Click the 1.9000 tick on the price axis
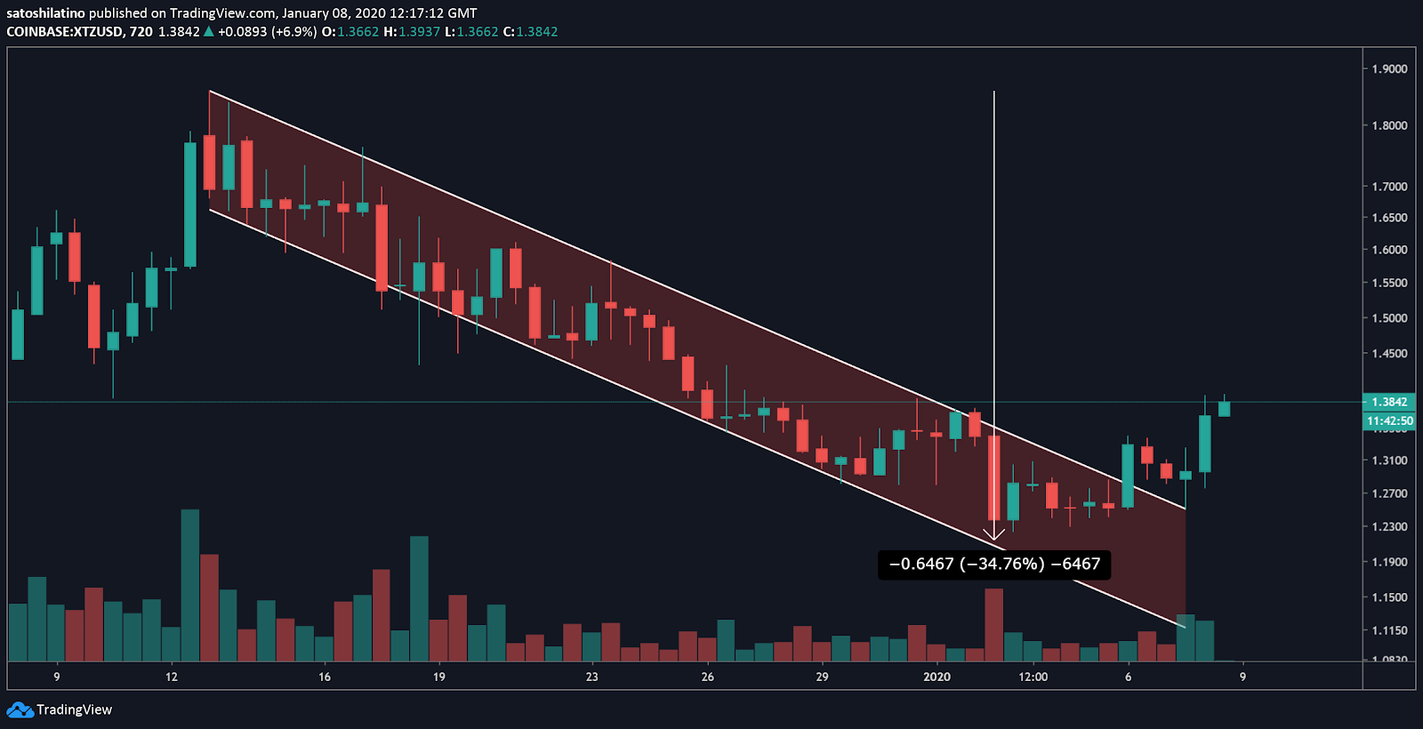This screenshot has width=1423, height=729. click(1389, 69)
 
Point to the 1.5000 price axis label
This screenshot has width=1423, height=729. click(1389, 318)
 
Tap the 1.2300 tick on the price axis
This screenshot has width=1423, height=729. click(1389, 527)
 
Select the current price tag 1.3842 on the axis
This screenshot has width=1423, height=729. click(1389, 402)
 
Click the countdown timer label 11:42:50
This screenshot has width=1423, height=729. click(1389, 421)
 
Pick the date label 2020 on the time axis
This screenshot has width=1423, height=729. click(937, 677)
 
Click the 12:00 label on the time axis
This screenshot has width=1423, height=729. click(1033, 677)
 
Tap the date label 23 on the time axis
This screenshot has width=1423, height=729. click(592, 677)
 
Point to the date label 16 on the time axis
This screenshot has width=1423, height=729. click(325, 677)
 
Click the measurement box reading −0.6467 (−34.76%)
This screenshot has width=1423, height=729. click(994, 564)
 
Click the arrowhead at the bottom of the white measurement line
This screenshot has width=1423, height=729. click(994, 536)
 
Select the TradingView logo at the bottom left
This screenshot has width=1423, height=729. click(60, 709)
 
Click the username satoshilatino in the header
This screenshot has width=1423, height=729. click(45, 13)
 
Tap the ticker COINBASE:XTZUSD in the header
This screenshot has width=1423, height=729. click(64, 32)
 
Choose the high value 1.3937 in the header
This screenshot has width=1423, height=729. click(419, 32)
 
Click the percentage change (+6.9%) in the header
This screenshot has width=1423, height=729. click(293, 32)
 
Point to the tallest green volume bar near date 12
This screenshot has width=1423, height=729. click(190, 585)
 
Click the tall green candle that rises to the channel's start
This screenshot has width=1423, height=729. click(190, 204)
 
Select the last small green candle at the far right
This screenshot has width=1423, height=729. click(1224, 408)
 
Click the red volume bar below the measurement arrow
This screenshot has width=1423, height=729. click(994, 624)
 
